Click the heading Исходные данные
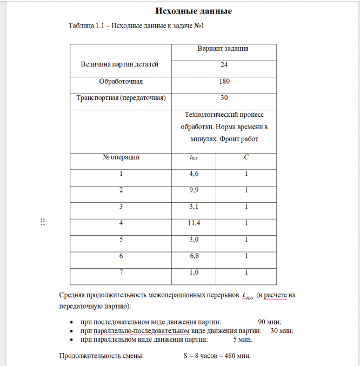194,11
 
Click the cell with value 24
224,65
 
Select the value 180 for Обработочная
224,82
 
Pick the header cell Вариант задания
224,48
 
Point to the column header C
246,157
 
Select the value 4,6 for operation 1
193,174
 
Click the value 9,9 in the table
193,190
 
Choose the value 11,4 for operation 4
193,223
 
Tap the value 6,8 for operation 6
193,256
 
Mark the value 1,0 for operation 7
193,272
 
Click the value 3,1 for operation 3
193,207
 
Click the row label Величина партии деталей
119,64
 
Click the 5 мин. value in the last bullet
242,340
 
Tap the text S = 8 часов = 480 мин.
217,356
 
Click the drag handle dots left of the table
43,222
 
